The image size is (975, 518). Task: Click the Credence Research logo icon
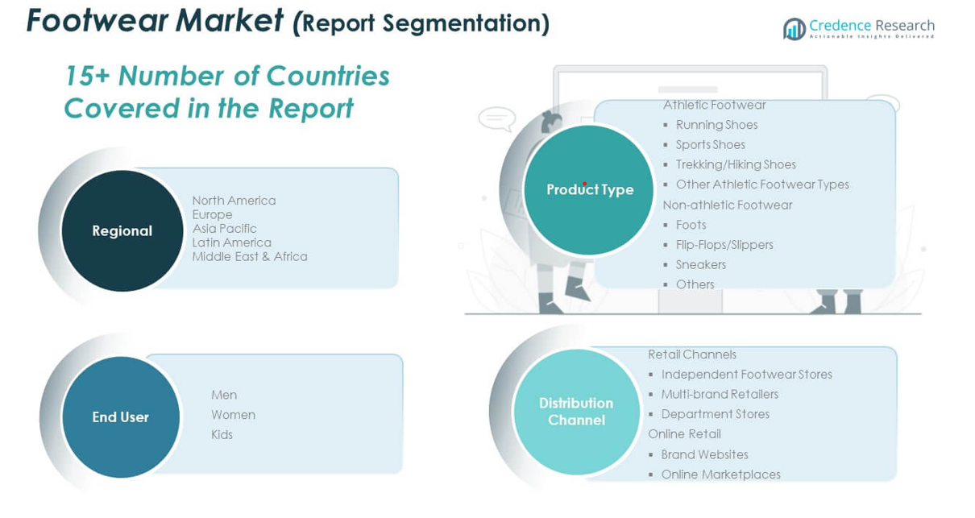pyautogui.click(x=795, y=29)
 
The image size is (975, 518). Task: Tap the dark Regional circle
pyautogui.click(x=122, y=230)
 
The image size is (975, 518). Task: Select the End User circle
pyautogui.click(x=121, y=417)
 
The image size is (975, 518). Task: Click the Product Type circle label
pyautogui.click(x=590, y=189)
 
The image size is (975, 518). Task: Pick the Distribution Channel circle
pyautogui.click(x=576, y=412)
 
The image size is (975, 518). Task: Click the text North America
pyautogui.click(x=234, y=201)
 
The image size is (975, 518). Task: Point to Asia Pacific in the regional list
pyautogui.click(x=225, y=229)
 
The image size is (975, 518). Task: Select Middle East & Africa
pyautogui.click(x=250, y=256)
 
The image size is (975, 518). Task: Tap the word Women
pyautogui.click(x=234, y=415)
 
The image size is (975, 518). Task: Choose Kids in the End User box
pyautogui.click(x=222, y=434)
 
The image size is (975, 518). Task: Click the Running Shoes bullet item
pyautogui.click(x=716, y=125)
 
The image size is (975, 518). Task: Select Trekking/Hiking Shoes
pyautogui.click(x=736, y=164)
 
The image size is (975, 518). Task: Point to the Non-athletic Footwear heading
pyautogui.click(x=728, y=205)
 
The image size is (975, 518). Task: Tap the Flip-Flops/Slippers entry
pyautogui.click(x=724, y=245)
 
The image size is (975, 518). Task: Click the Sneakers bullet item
pyautogui.click(x=701, y=265)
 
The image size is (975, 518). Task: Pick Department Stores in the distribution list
pyautogui.click(x=716, y=414)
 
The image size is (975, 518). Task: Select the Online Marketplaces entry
pyautogui.click(x=721, y=474)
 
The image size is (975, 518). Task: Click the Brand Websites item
pyautogui.click(x=705, y=454)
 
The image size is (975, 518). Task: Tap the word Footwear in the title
pyautogui.click(x=97, y=20)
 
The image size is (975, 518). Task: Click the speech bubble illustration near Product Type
pyautogui.click(x=497, y=118)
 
